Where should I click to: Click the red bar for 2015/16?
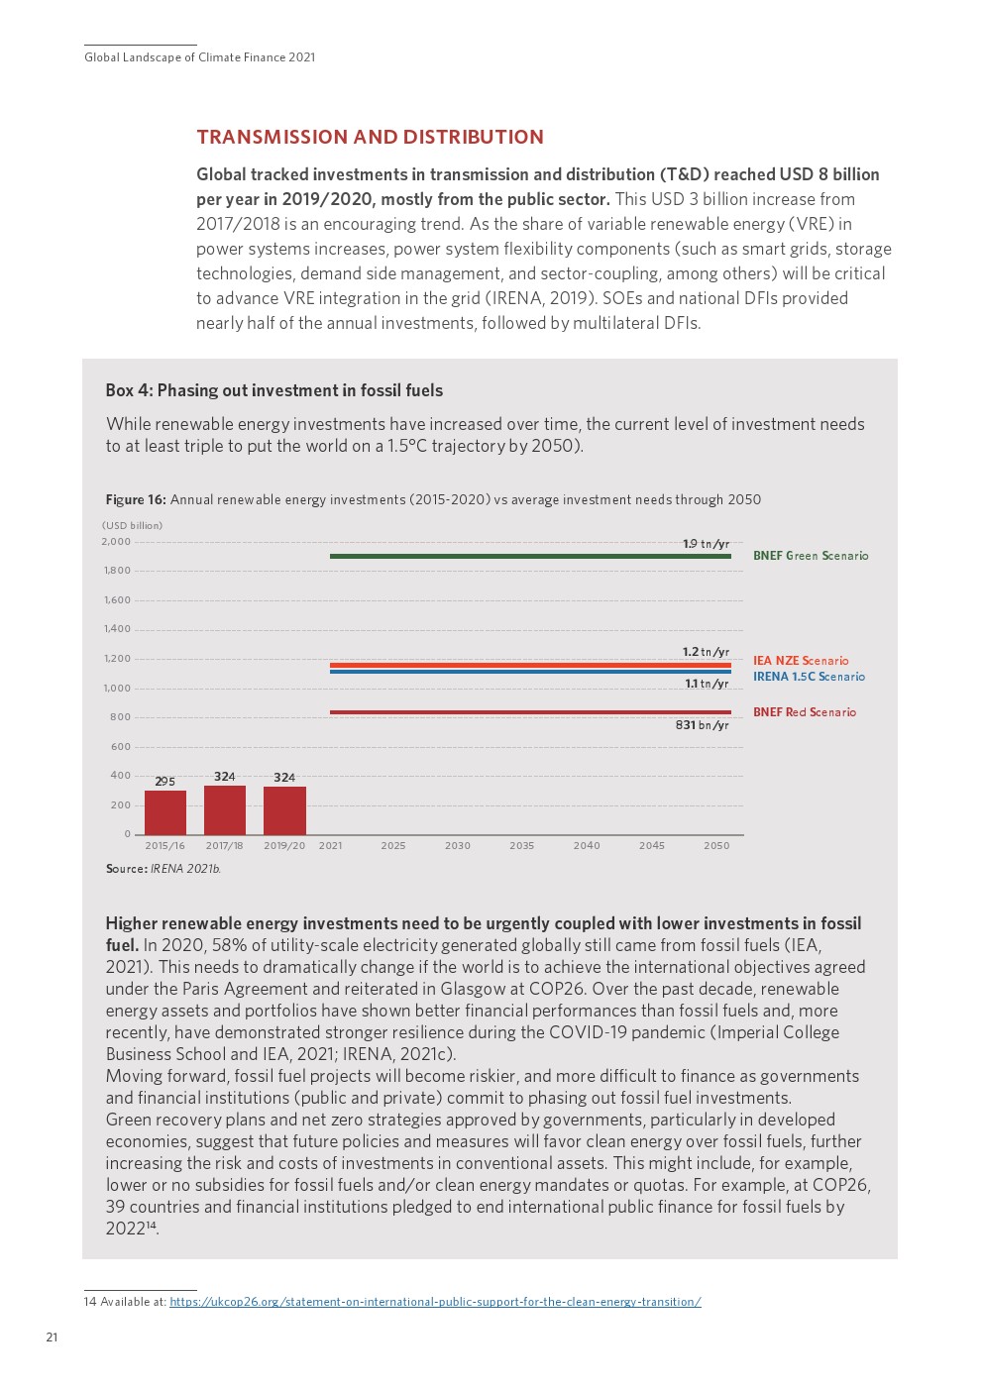tap(165, 812)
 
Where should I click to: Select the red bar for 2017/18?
tap(225, 810)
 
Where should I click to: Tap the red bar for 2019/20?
tap(284, 810)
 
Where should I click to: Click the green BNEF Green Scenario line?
tap(530, 556)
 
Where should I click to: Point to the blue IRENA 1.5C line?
tap(530, 672)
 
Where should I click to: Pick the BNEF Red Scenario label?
tap(804, 712)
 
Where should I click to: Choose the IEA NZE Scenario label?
tap(800, 661)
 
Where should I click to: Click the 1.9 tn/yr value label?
tap(706, 544)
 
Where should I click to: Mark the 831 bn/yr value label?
tap(702, 725)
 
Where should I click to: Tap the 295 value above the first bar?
tap(164, 782)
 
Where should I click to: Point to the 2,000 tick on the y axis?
tap(116, 542)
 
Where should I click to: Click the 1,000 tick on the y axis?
tap(117, 689)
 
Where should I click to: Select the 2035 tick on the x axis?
tap(521, 846)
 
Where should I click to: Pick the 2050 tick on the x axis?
tap(716, 846)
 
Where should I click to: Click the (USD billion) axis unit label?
tap(132, 526)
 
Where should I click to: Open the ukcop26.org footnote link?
tap(435, 1302)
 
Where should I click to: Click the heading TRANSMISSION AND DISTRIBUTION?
tap(370, 138)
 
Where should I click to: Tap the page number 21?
tap(52, 1337)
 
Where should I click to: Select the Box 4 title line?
tap(273, 390)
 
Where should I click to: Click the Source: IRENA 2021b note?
tap(163, 869)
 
